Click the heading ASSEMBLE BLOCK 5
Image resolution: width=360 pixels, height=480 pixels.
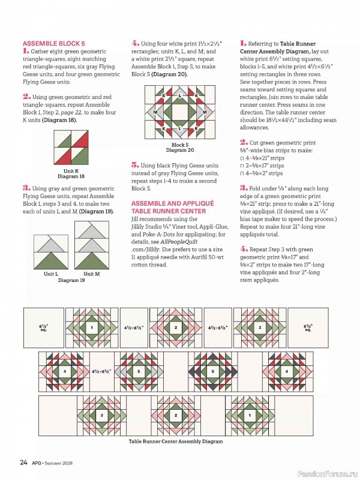click(53, 44)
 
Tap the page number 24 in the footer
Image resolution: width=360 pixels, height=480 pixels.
click(23, 462)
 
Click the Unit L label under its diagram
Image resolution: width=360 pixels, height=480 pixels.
click(51, 274)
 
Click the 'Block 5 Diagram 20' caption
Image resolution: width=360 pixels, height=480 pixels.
click(179, 147)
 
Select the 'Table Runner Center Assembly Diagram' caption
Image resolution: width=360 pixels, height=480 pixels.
click(176, 441)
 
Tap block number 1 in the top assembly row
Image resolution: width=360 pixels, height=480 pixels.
click(92, 328)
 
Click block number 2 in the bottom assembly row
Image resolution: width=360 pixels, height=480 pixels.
click(176, 415)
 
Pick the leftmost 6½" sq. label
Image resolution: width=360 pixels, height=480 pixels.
click(43, 328)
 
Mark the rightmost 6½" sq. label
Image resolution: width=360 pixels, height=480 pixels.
click(307, 328)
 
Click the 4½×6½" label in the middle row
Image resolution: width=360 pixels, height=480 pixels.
click(101, 372)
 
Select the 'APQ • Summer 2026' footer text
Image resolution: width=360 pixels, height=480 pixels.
click(56, 463)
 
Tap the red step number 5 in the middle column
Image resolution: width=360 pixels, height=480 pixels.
click(135, 164)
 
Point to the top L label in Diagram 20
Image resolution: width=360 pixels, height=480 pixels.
click(179, 95)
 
